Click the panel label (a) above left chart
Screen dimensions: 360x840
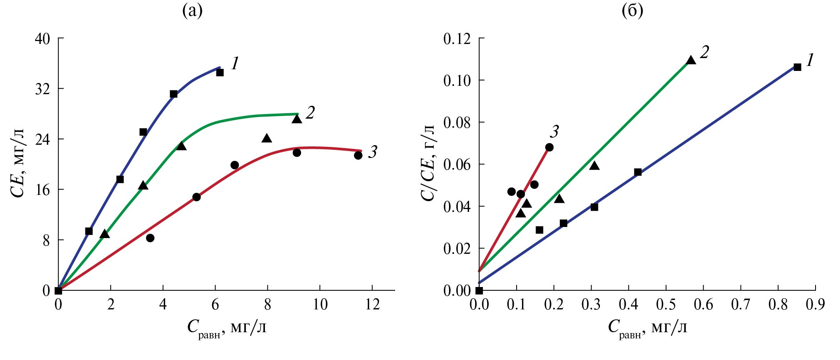click(x=192, y=11)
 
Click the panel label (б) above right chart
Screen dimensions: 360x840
click(x=633, y=11)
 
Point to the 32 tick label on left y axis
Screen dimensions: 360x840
click(x=42, y=89)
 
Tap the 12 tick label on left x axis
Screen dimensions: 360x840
click(x=372, y=305)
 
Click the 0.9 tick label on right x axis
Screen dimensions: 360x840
click(x=815, y=305)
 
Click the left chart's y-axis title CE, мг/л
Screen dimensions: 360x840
click(x=19, y=163)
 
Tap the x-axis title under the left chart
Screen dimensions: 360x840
click(x=226, y=328)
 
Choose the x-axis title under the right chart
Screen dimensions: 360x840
click(x=647, y=328)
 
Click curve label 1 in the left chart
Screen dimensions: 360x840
click(x=235, y=63)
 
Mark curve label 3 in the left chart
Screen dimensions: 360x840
click(x=372, y=152)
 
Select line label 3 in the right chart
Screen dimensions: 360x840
click(x=554, y=132)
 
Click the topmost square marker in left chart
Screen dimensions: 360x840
click(x=220, y=73)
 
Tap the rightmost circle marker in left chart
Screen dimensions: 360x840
click(x=358, y=155)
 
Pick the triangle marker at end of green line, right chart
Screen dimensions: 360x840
click(x=691, y=60)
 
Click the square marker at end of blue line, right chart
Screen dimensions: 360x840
click(x=797, y=67)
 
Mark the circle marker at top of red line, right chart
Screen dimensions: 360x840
click(x=549, y=147)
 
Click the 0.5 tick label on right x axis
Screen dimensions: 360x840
click(x=665, y=305)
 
